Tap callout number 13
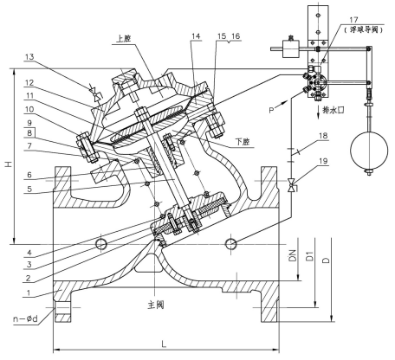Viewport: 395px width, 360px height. tap(32, 57)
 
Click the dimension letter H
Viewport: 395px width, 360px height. tap(8, 162)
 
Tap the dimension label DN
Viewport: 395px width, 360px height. tap(292, 257)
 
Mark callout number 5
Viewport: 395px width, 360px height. tap(32, 189)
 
